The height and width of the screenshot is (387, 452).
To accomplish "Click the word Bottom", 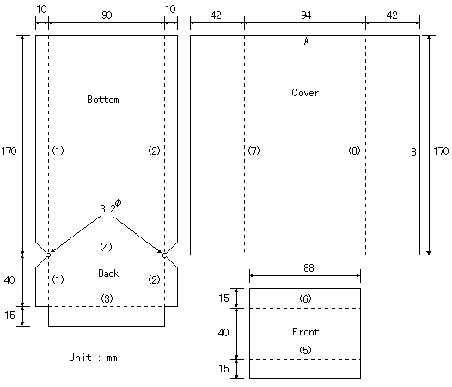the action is coord(103,100).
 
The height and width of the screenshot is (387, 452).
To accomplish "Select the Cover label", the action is coord(305,93).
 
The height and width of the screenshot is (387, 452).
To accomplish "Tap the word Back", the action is coord(108,273).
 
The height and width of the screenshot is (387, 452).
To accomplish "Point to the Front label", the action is coord(306,332).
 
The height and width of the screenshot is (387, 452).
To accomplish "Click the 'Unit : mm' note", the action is coord(93,358).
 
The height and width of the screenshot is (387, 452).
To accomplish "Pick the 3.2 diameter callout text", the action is coord(111,206).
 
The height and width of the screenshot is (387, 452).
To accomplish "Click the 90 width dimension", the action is coord(107,15).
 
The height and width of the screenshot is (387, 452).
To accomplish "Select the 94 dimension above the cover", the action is coord(306,15).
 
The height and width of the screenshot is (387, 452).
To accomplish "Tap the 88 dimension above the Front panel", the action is coord(308,268).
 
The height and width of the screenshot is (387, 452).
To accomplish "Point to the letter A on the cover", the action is coord(306,41).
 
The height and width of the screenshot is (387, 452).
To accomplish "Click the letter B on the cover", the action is coord(413,152).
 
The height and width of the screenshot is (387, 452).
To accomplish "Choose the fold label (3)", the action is coord(107,298).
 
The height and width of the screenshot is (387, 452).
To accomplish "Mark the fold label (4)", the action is coord(106,247).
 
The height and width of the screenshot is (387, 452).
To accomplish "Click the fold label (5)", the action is coord(305,350).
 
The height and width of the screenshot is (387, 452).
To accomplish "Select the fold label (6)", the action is coord(305,298).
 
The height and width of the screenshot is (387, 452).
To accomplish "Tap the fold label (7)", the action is coord(254,150).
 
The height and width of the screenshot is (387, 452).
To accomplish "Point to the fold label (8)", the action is coord(354,150).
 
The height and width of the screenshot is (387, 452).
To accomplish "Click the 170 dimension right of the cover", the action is coord(441,151).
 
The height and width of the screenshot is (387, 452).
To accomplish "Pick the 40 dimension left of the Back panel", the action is coord(9,280).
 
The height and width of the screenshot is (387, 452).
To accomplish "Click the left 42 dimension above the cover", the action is coord(216,15).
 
